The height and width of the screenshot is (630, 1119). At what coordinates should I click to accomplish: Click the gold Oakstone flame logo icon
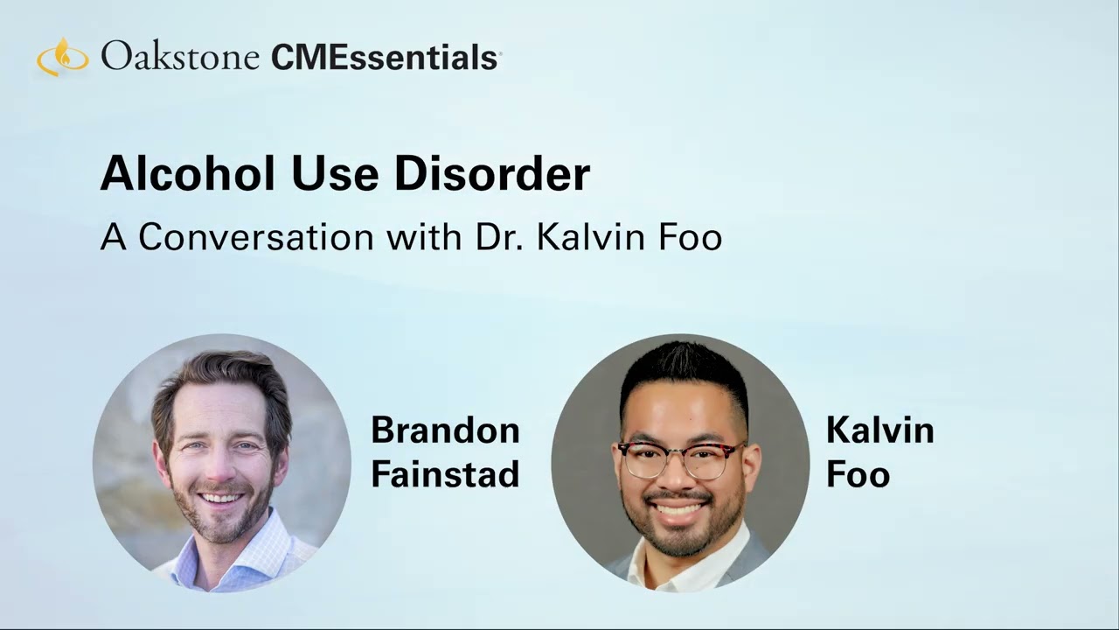point(62,57)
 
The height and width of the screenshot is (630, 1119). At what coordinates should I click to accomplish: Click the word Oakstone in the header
point(179,57)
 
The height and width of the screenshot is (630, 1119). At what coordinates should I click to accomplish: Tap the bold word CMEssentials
point(385,58)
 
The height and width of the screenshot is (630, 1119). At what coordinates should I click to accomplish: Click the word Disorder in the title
point(491,173)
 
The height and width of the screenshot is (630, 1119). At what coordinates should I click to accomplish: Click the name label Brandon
point(445,430)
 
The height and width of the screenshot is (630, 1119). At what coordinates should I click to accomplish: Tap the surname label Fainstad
point(445,474)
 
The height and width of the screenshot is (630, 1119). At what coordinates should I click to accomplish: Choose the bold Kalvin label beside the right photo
point(879,430)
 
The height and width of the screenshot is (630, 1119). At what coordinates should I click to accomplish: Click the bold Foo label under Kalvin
point(858,474)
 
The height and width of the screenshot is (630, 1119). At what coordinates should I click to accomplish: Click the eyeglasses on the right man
point(680,458)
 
